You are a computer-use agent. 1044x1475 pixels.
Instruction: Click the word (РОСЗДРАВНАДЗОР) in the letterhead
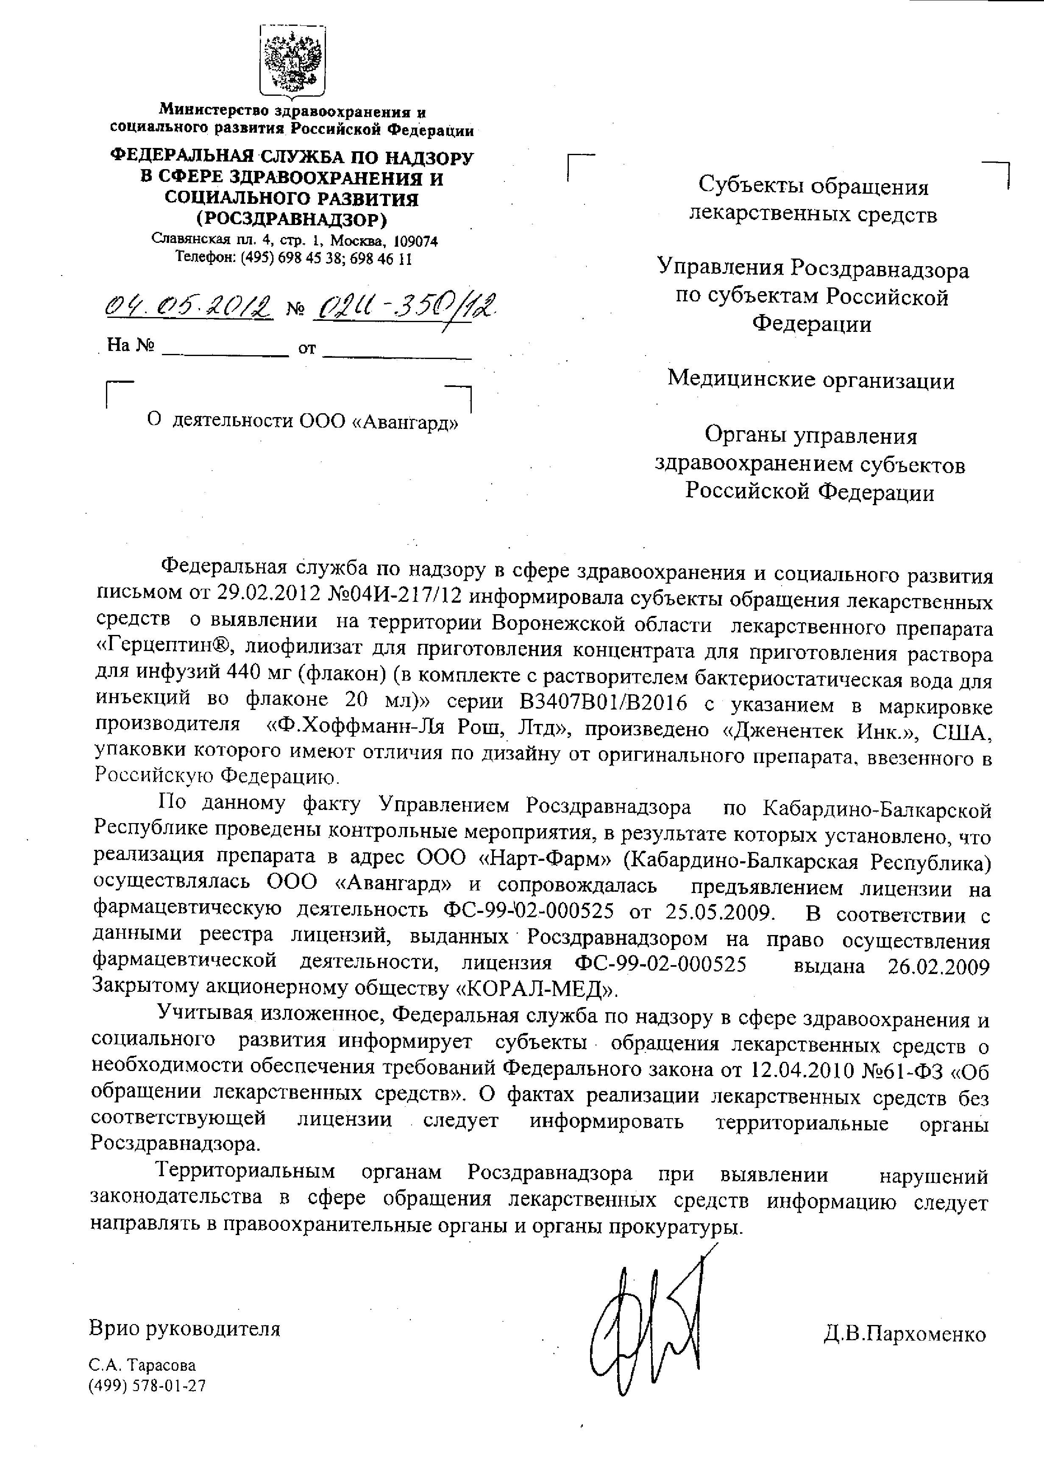tap(292, 220)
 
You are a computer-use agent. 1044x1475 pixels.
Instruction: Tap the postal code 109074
tap(415, 241)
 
